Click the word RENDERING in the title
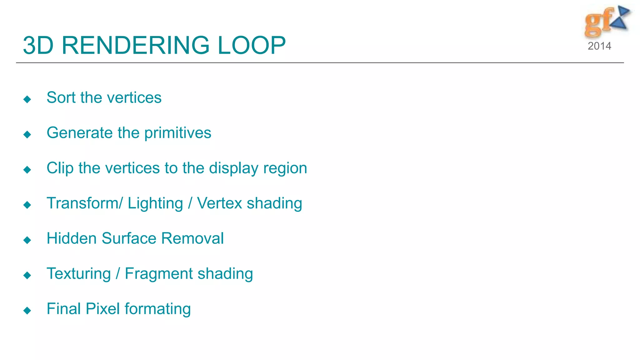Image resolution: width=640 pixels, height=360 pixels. [x=135, y=45]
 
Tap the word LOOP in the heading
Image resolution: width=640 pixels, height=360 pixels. [x=252, y=45]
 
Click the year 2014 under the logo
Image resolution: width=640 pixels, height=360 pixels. [x=599, y=46]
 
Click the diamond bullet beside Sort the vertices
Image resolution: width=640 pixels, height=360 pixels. [x=27, y=99]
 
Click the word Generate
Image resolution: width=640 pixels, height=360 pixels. [x=80, y=133]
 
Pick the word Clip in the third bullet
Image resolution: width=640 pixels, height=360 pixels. [x=60, y=168]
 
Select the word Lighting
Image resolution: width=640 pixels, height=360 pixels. [x=155, y=204]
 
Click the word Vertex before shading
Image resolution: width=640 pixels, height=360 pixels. [x=219, y=203]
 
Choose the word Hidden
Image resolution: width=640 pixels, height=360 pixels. [x=71, y=238]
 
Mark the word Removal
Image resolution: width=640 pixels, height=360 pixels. [x=192, y=238]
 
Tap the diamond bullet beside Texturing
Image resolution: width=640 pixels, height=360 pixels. [x=27, y=275]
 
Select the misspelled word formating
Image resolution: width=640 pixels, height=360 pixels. [x=157, y=309]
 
